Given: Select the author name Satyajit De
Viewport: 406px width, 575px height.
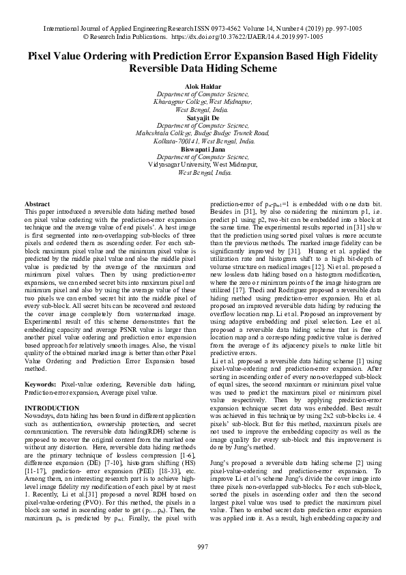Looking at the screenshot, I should [203, 117].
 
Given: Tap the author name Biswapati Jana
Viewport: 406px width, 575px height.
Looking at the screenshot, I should [203, 149].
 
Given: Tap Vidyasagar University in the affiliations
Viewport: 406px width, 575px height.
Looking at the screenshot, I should [178, 165].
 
